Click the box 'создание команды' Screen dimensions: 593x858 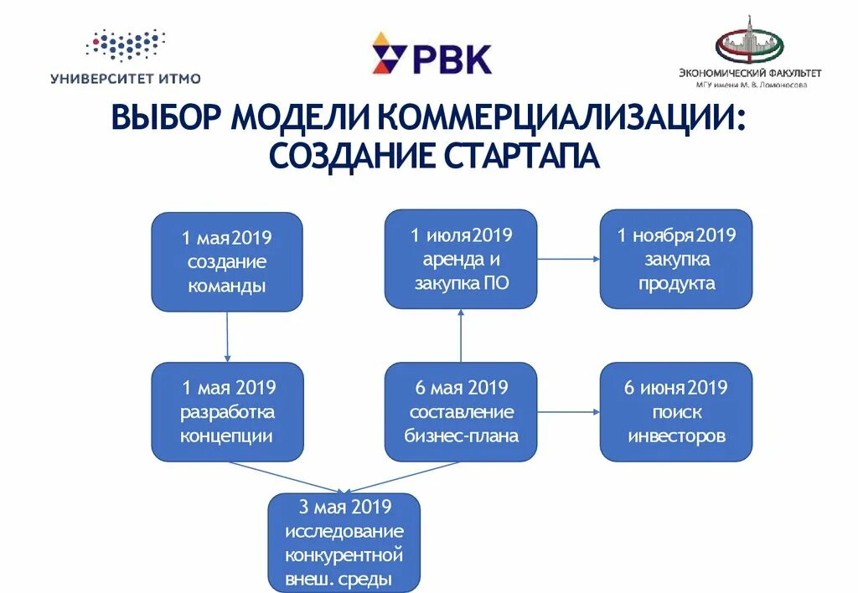click(x=226, y=261)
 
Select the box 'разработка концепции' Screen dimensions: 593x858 click(x=226, y=411)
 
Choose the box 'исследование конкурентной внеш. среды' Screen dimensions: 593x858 click(x=344, y=543)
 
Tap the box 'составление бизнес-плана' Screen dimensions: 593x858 click(x=461, y=411)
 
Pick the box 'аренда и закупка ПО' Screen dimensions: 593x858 click(x=461, y=259)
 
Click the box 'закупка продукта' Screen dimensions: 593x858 click(x=676, y=259)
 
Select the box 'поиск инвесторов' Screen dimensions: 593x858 click(x=676, y=411)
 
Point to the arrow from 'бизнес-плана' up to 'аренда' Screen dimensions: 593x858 click(x=461, y=335)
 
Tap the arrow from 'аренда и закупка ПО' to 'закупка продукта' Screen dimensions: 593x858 click(x=568, y=260)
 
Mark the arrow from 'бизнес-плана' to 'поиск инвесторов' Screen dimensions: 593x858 click(x=568, y=411)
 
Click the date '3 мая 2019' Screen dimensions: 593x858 click(x=344, y=507)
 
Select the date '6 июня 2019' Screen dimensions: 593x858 click(x=676, y=388)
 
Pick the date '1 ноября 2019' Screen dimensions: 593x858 click(x=676, y=235)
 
